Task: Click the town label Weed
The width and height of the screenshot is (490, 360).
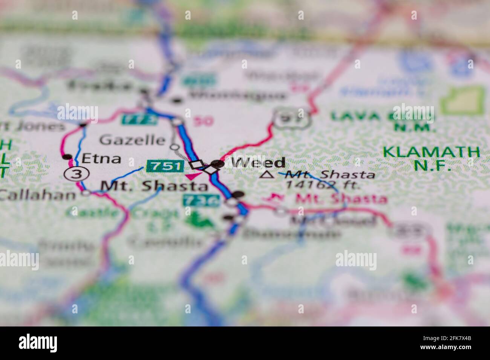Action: click(258, 163)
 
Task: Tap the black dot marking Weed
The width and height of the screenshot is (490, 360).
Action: click(217, 163)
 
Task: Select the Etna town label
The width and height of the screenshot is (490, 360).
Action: click(101, 159)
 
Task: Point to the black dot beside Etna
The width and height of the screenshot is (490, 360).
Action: click(67, 157)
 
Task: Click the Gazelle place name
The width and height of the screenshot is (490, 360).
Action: click(132, 140)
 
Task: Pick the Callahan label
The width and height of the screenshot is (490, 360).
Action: click(38, 194)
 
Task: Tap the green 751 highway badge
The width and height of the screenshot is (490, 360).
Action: click(165, 166)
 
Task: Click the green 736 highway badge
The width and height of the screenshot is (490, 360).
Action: click(201, 201)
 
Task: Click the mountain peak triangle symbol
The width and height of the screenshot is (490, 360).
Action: click(268, 174)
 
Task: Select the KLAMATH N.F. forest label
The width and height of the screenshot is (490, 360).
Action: click(432, 158)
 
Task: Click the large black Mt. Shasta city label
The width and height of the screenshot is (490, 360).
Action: click(155, 186)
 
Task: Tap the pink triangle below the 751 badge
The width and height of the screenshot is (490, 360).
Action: click(193, 175)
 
